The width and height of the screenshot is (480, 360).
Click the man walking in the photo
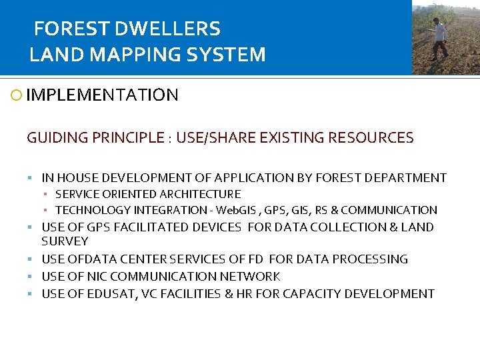439,38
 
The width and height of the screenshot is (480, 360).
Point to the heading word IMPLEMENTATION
103,95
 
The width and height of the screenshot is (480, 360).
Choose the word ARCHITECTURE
200,194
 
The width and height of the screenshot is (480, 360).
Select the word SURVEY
65,241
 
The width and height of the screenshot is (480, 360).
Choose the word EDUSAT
111,294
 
